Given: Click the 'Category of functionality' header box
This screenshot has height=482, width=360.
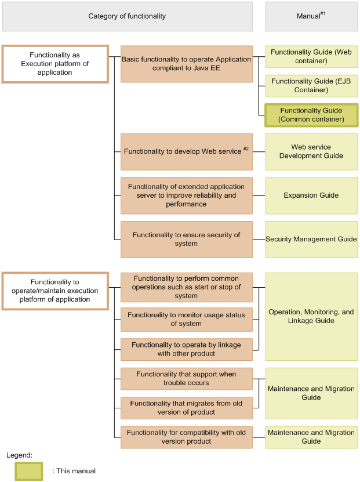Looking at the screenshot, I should pyautogui.click(x=127, y=16).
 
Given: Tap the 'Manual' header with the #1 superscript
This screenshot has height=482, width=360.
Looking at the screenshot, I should pyautogui.click(x=311, y=16).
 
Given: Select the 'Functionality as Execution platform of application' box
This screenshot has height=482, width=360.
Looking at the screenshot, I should pyautogui.click(x=55, y=64).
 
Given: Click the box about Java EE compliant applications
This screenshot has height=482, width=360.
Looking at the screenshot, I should pyautogui.click(x=186, y=64).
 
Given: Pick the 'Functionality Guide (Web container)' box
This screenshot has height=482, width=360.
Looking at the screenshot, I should pyautogui.click(x=311, y=57).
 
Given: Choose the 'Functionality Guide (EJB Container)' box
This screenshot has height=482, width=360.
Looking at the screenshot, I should pyautogui.click(x=311, y=86).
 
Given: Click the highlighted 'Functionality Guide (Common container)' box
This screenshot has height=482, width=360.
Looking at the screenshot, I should pyautogui.click(x=311, y=115).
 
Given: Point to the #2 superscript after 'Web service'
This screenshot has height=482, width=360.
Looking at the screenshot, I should pyautogui.click(x=246, y=149).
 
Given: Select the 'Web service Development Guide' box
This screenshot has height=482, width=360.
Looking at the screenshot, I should pyautogui.click(x=311, y=151).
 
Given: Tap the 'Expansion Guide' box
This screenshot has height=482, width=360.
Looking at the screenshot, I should pyautogui.click(x=311, y=195).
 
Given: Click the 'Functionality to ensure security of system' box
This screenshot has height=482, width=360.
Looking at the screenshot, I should pyautogui.click(x=186, y=239).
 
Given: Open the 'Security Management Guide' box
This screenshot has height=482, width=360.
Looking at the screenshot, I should pyautogui.click(x=311, y=239).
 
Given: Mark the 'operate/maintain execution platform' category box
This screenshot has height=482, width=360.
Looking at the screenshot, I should pyautogui.click(x=55, y=291).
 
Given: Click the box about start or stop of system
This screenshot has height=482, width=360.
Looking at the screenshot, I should pyautogui.click(x=186, y=287).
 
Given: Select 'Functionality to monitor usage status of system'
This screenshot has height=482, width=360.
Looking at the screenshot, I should pyautogui.click(x=186, y=320).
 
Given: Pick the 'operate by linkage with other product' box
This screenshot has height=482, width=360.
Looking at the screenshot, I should pyautogui.click(x=186, y=349).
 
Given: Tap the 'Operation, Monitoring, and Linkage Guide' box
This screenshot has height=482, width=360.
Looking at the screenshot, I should pyautogui.click(x=311, y=316).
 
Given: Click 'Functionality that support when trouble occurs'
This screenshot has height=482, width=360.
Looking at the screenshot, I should pyautogui.click(x=186, y=379).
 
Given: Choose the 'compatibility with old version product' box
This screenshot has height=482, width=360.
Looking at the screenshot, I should pyautogui.click(x=186, y=437).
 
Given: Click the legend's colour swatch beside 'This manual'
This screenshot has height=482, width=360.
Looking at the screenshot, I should pyautogui.click(x=29, y=471).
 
